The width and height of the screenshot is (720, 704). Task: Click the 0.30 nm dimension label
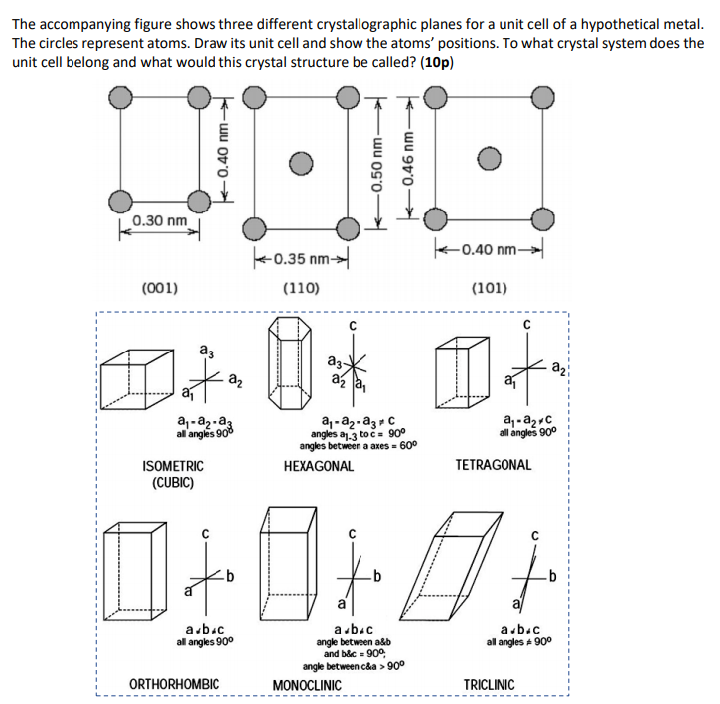(x=161, y=219)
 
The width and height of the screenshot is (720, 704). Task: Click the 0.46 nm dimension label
(x=405, y=159)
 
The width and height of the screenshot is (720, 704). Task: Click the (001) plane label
(x=160, y=289)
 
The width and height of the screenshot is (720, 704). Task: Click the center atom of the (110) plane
(x=303, y=161)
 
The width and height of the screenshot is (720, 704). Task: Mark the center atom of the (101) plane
(x=487, y=159)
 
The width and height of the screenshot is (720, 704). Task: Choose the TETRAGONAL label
(x=493, y=465)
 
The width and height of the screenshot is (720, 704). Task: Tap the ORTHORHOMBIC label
(x=175, y=684)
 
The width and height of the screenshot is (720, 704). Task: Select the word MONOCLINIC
(x=307, y=685)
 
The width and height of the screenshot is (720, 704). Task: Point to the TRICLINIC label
(x=490, y=684)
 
